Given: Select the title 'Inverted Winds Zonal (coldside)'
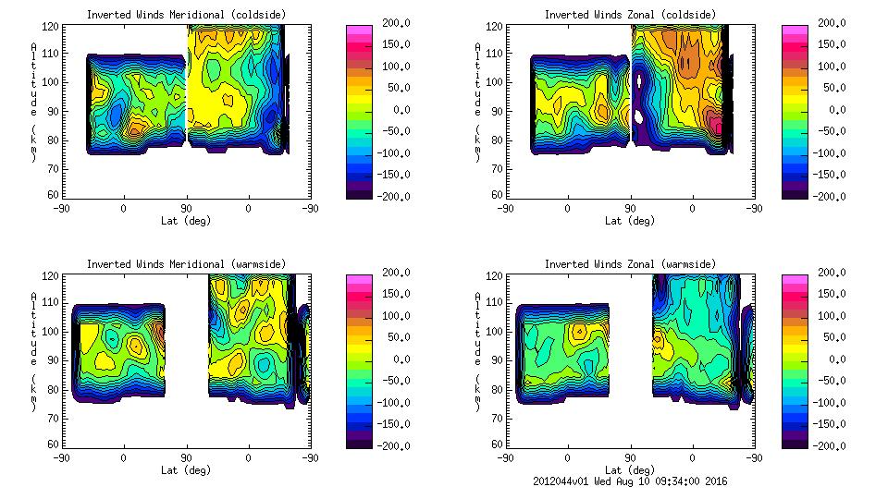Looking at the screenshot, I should pos(630,15).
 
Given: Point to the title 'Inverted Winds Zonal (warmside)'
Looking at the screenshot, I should pos(630,264).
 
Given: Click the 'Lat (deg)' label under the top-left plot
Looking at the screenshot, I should pos(185,221).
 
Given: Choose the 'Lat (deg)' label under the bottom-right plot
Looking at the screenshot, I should pos(629,470).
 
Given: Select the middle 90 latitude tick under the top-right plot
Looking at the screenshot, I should pos(630,209).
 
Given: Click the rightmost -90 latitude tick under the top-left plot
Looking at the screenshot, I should pos(310,209).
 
